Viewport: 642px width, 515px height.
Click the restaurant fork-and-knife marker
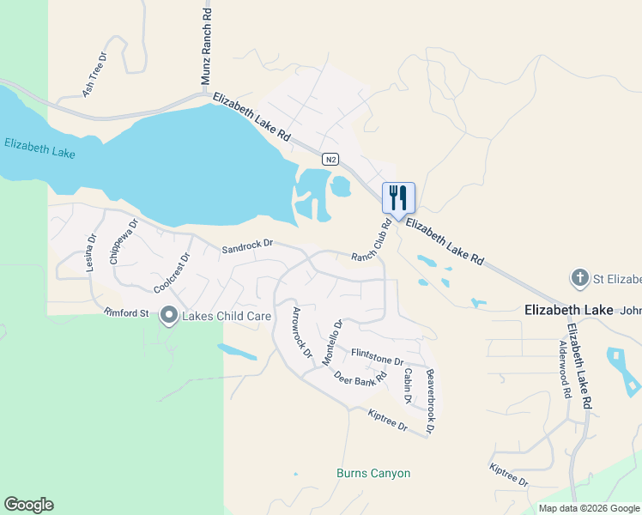coord(398,197)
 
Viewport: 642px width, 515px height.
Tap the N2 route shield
coord(330,160)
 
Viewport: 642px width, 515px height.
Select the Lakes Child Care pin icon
coord(169,317)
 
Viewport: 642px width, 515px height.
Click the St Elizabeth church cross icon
coord(580,279)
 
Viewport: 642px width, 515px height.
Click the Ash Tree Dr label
coord(94,74)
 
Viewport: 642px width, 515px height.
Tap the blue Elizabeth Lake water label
coord(39,148)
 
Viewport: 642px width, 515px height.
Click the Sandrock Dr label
coord(246,246)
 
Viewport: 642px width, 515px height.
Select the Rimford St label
coord(127,312)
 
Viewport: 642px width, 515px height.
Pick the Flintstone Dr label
coord(377,355)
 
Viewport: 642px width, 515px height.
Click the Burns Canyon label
coord(373,474)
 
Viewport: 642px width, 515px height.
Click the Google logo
coord(28,505)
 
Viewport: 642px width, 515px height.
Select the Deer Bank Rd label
coord(360,379)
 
